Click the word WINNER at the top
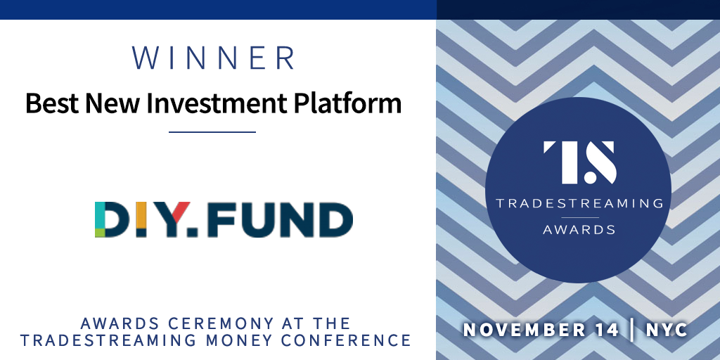click(x=213, y=58)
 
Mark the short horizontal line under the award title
click(x=212, y=131)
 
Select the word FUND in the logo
click(x=278, y=219)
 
